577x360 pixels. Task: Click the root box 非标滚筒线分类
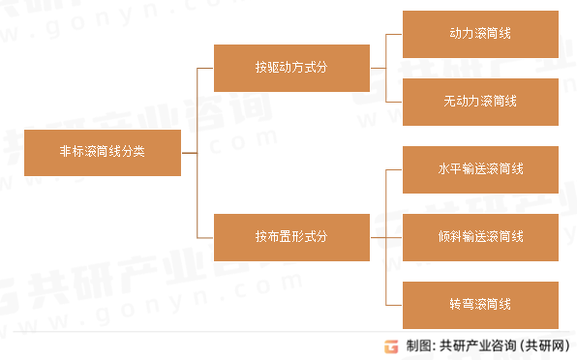103,153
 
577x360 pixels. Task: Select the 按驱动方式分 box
292,69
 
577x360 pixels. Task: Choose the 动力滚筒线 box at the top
480,34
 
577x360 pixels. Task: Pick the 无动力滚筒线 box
480,102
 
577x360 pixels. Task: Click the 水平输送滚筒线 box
480,169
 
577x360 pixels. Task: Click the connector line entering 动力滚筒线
394,34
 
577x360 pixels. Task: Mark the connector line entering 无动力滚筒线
394,102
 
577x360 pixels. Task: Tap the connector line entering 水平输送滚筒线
394,169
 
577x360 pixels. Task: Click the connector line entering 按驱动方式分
205,69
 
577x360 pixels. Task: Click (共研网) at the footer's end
544,345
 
